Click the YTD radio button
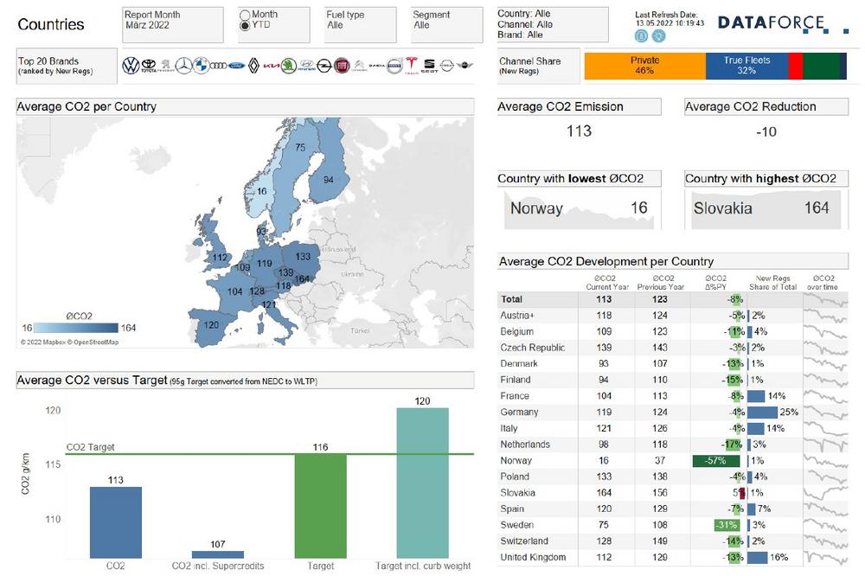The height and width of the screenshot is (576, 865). tap(245, 26)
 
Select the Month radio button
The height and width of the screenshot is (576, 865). tap(245, 15)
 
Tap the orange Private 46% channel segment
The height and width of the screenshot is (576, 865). tap(645, 66)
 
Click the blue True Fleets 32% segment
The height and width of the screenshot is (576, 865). tap(746, 66)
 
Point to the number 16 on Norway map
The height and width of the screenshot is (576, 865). tap(262, 191)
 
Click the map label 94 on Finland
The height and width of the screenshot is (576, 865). tap(328, 180)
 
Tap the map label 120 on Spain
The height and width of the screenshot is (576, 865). tap(210, 324)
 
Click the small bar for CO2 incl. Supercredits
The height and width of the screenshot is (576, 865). tap(218, 554)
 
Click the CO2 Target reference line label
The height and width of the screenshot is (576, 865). tap(90, 447)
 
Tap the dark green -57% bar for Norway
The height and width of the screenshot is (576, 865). tap(715, 461)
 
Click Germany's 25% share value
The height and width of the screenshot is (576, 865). tap(788, 413)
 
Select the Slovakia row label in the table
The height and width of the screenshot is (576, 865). tap(518, 493)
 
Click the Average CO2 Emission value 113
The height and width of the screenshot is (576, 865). tap(579, 131)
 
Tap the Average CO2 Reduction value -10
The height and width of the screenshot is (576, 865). tap(766, 131)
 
